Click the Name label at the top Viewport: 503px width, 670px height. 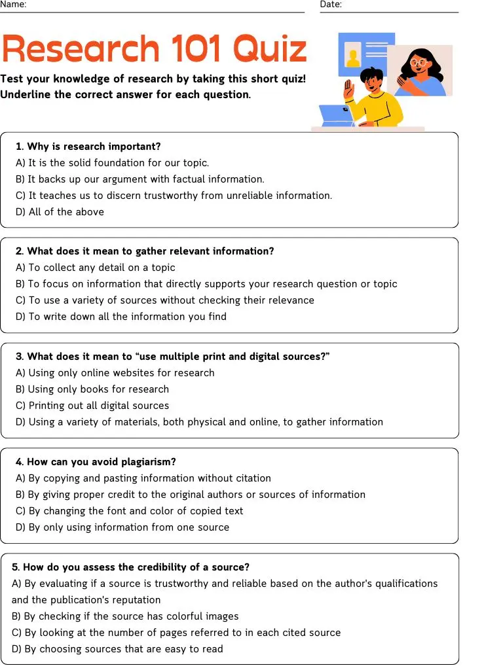(13, 5)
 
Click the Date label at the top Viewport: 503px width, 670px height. (331, 5)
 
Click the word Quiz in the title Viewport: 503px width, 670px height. (270, 48)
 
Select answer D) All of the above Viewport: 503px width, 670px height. (60, 212)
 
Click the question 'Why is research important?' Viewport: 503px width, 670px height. (88, 147)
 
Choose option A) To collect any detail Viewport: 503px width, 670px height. (96, 268)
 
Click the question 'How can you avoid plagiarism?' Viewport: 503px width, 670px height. (96, 462)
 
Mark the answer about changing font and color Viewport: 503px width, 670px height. (129, 511)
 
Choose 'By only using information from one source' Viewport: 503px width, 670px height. (122, 527)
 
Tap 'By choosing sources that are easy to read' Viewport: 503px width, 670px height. (117, 649)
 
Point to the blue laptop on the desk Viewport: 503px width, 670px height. (336, 115)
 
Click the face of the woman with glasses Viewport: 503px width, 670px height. (419, 65)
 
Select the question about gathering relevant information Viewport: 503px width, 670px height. (145, 251)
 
